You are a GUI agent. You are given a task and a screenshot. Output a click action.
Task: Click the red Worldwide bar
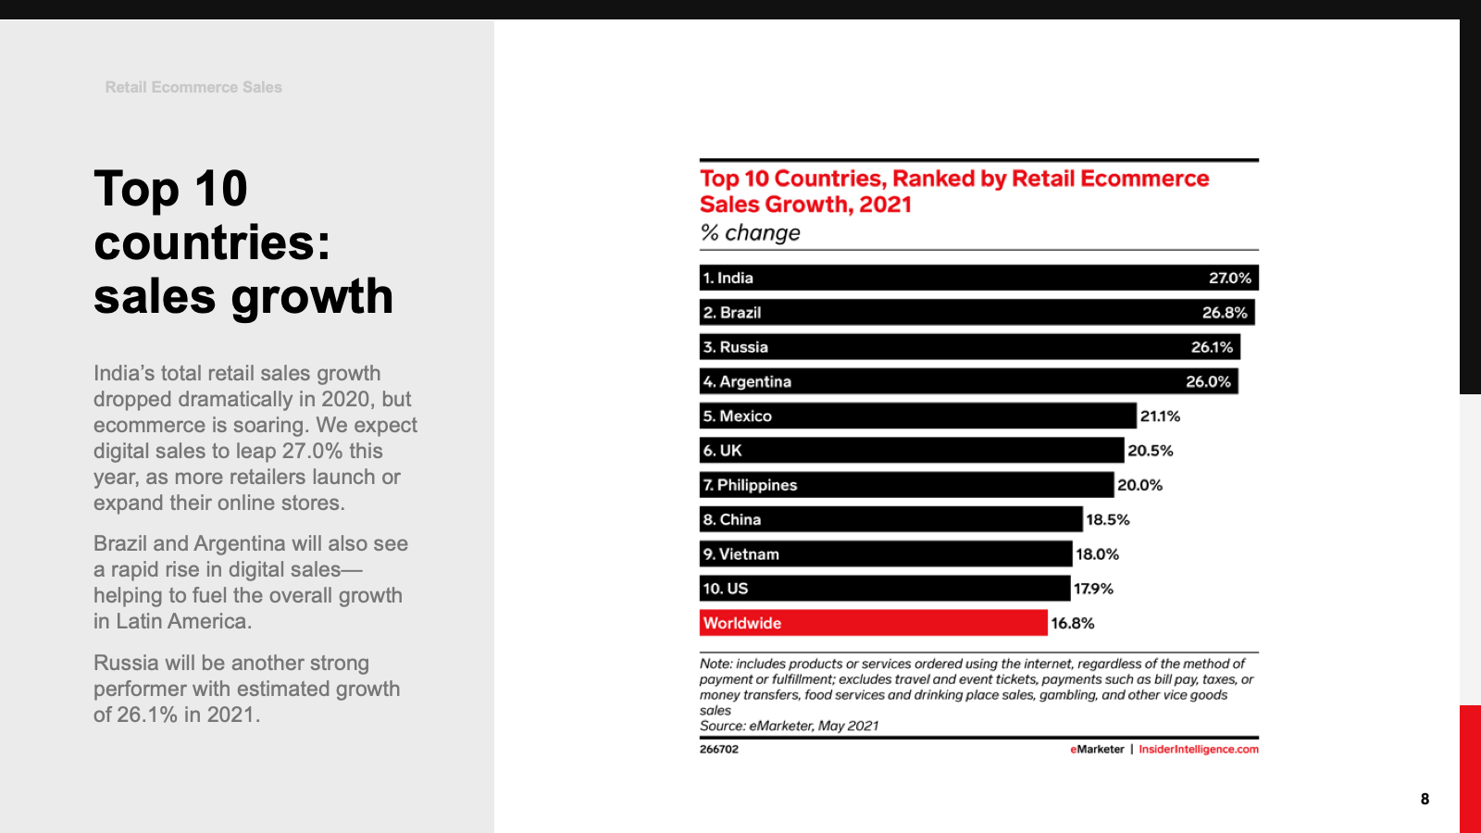click(873, 623)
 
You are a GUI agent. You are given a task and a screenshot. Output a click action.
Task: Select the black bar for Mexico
click(917, 416)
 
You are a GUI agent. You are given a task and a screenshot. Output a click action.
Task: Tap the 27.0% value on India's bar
click(1229, 278)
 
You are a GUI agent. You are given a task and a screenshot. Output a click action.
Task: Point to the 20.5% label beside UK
click(1150, 451)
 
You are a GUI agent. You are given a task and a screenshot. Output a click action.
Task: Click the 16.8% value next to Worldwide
click(1072, 624)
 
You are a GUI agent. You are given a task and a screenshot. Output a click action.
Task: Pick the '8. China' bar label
click(731, 520)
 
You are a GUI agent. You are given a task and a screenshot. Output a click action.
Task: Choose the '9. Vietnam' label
click(740, 554)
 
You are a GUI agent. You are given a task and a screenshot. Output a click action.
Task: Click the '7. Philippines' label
click(750, 485)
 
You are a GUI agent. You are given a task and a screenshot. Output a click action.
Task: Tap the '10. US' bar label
click(725, 589)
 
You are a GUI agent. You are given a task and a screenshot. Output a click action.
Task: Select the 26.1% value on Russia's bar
click(1212, 347)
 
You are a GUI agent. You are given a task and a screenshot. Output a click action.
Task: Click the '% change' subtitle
click(750, 233)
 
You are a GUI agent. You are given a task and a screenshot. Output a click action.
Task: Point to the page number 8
click(1425, 799)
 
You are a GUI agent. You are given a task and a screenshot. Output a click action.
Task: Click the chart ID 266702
click(719, 750)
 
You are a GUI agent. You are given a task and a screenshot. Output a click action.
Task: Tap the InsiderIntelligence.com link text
click(1198, 750)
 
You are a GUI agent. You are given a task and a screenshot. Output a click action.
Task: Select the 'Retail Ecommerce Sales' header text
click(193, 87)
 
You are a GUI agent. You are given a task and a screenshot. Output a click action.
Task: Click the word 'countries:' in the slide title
click(212, 242)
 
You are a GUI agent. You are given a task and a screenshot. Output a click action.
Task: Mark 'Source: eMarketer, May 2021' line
click(789, 726)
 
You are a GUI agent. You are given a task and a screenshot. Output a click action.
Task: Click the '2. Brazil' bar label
click(731, 313)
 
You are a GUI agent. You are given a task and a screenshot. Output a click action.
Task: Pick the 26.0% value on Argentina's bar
click(1208, 381)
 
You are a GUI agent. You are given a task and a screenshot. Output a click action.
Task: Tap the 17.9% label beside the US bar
click(1093, 589)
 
